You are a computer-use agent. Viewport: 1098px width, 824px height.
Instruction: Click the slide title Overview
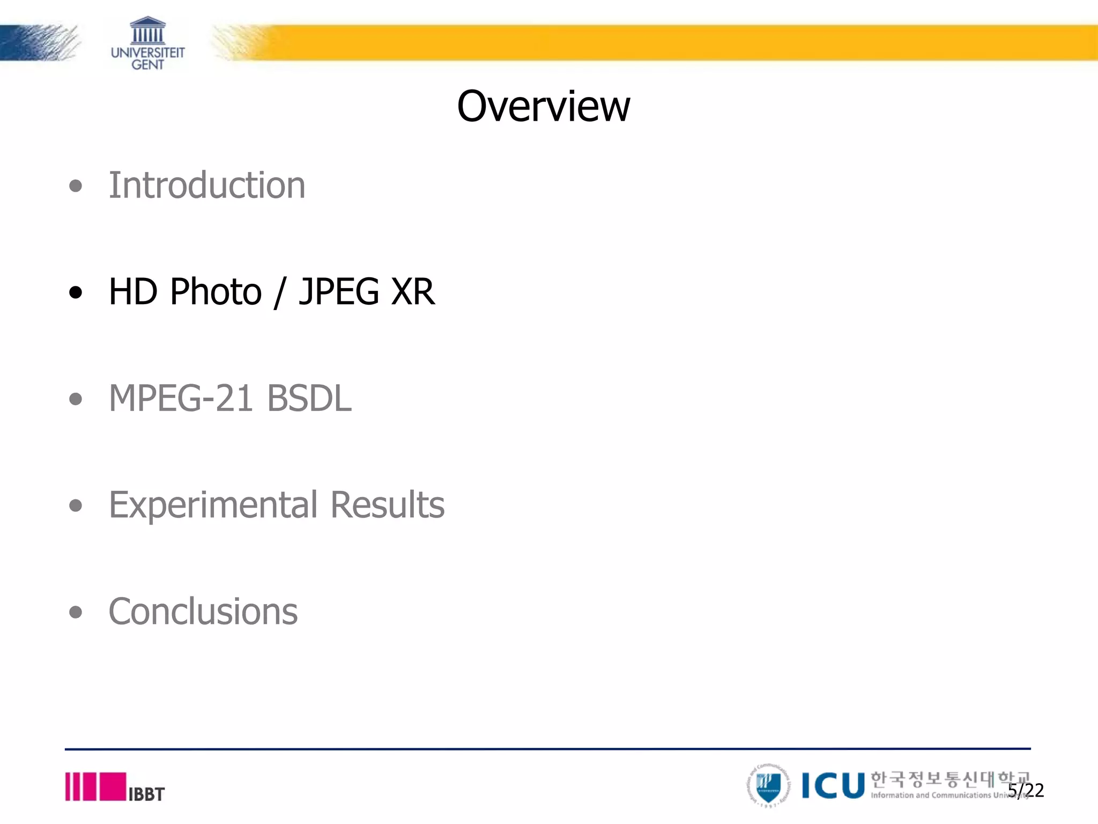coord(543,106)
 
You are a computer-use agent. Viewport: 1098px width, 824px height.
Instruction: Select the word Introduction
coord(207,185)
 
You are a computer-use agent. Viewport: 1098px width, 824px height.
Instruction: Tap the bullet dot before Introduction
coord(76,186)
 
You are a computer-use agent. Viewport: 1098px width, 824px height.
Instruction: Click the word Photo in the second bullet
coord(216,292)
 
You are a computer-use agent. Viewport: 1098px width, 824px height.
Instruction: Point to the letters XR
coord(412,292)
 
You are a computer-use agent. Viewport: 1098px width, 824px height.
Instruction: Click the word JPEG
coord(339,292)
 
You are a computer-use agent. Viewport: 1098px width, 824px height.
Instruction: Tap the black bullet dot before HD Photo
coord(76,292)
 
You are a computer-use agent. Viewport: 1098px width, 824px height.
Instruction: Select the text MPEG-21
coord(181,398)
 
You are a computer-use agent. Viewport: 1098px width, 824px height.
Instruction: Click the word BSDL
coord(309,398)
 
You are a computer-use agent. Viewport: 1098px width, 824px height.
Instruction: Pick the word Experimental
coord(213,505)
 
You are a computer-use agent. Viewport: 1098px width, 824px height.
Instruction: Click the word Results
coord(387,505)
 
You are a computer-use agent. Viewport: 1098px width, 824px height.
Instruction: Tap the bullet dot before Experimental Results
coord(76,505)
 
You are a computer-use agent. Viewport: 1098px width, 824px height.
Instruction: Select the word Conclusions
coord(203,612)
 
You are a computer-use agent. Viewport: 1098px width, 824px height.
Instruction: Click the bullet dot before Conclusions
coord(76,612)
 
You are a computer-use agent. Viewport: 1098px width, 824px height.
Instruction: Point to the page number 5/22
coord(1026,790)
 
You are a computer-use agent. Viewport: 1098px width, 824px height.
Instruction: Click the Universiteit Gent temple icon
coord(147,30)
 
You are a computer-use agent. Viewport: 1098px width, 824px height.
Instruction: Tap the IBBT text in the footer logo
coord(146,794)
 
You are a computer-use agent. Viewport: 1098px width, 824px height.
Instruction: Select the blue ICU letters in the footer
coord(833,786)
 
